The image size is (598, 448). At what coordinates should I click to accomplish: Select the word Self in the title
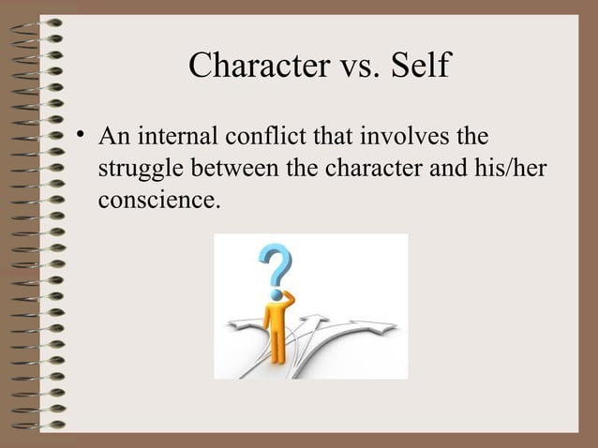tap(417, 66)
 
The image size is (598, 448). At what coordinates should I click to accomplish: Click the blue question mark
tap(274, 265)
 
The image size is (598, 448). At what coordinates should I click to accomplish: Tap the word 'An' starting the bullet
tap(115, 138)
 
